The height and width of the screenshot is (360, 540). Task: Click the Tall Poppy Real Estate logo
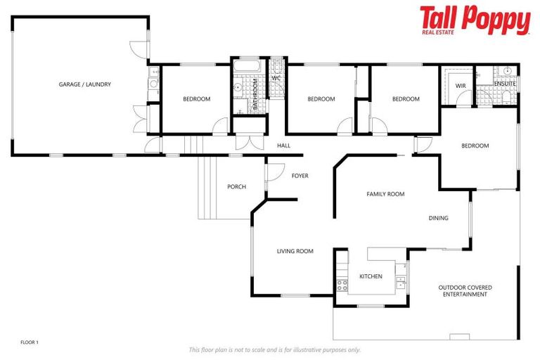tap(475, 20)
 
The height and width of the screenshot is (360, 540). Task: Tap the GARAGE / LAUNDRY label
tap(84, 84)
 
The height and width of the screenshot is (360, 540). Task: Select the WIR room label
tap(461, 85)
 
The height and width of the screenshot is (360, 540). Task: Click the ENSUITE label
tap(505, 84)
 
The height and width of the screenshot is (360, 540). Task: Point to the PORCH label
tap(236, 186)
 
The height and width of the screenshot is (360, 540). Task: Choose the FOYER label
tap(300, 176)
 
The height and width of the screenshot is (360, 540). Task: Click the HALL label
tap(283, 146)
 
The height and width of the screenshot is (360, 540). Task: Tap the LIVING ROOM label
tap(295, 251)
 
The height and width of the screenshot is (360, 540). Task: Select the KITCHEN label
tap(371, 276)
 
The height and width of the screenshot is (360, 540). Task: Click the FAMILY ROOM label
tap(385, 194)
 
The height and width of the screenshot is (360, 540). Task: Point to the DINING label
tap(438, 218)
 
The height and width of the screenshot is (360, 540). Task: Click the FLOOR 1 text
tap(30, 342)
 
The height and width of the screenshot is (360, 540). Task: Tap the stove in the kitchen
tap(342, 285)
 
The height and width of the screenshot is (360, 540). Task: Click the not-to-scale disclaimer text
tap(274, 349)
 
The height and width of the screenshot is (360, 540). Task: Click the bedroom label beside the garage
tap(196, 99)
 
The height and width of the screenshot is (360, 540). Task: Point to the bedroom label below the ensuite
tap(475, 146)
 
